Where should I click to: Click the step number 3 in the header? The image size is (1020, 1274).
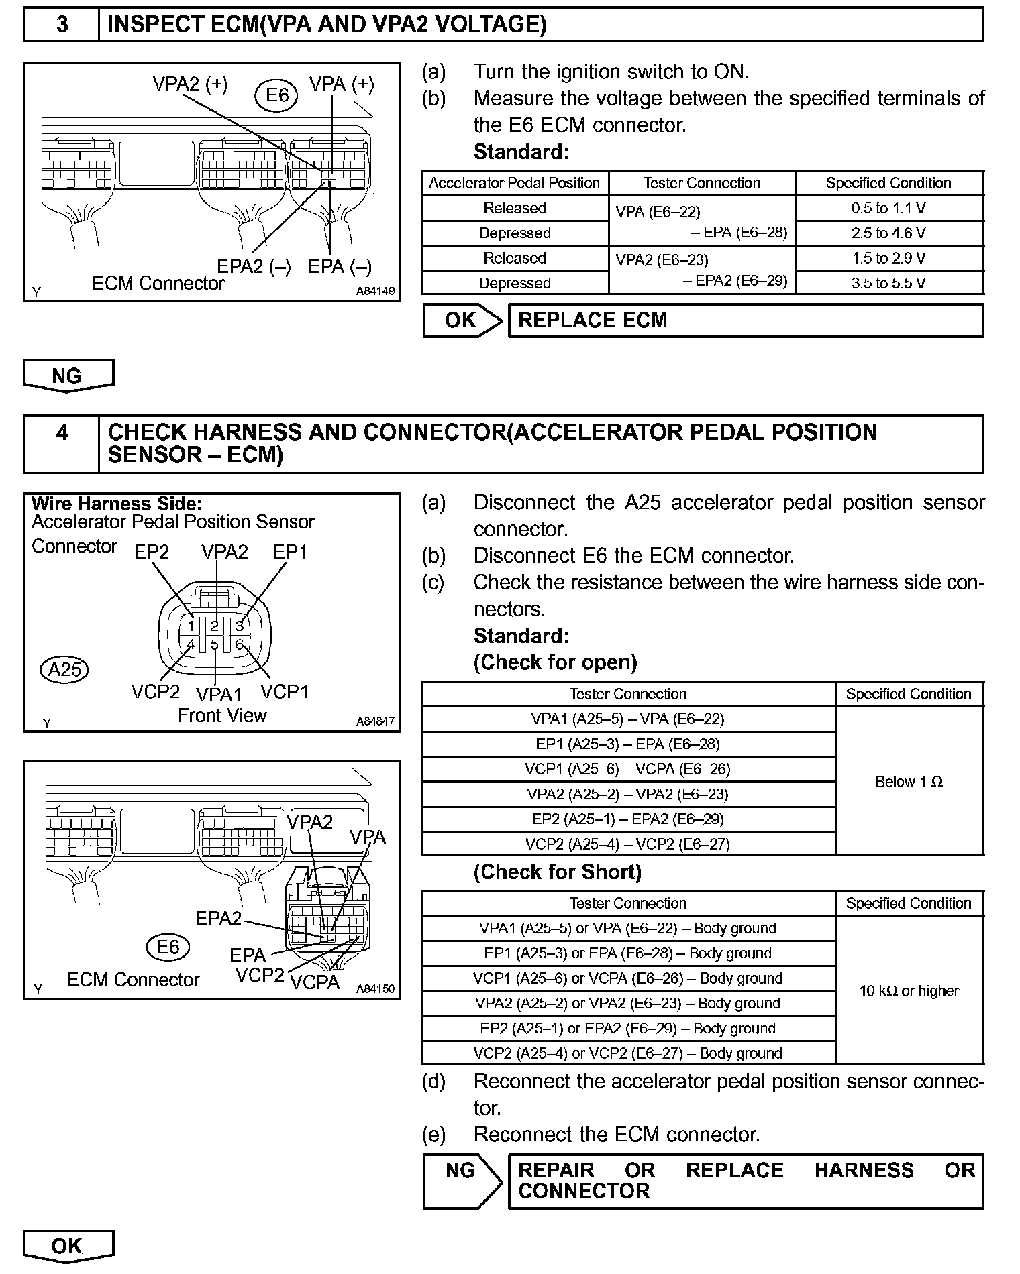pyautogui.click(x=62, y=25)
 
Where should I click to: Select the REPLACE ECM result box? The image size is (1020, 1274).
pyautogui.click(x=745, y=321)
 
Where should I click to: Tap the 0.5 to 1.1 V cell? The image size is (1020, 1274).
pyautogui.click(x=888, y=208)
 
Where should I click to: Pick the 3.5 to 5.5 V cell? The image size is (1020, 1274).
pyautogui.click(x=888, y=283)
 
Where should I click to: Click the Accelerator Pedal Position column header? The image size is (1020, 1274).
pyautogui.click(x=514, y=183)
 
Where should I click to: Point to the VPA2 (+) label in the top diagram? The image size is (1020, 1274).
pyautogui.click(x=190, y=84)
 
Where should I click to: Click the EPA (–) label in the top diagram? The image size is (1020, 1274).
pyautogui.click(x=340, y=266)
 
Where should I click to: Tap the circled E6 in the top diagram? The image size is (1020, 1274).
pyautogui.click(x=276, y=95)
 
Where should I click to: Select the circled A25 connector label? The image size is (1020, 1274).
pyautogui.click(x=65, y=669)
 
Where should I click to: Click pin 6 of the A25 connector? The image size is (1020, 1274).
pyautogui.click(x=239, y=644)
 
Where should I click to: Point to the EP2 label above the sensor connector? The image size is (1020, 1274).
pyautogui.click(x=152, y=552)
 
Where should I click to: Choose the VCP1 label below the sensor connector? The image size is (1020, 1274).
pyautogui.click(x=285, y=691)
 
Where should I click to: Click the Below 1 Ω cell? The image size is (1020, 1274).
pyautogui.click(x=909, y=781)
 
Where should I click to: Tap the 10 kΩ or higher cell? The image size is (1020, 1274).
pyautogui.click(x=909, y=990)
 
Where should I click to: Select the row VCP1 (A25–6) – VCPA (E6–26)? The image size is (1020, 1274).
pyautogui.click(x=627, y=769)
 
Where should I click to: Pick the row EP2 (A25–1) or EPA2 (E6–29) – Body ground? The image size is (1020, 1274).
pyautogui.click(x=627, y=1028)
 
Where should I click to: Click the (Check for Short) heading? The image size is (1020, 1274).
pyautogui.click(x=558, y=872)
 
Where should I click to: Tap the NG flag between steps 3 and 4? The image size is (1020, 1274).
pyautogui.click(x=67, y=375)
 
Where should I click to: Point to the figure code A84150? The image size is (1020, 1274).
pyautogui.click(x=375, y=988)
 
